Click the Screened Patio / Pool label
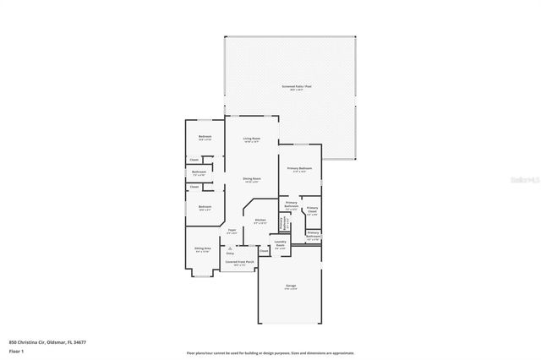pyautogui.click(x=292, y=86)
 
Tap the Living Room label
pyautogui.click(x=251, y=138)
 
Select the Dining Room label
pyautogui.click(x=251, y=178)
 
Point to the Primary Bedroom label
pyautogui.click(x=299, y=168)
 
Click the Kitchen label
pyautogui.click(x=260, y=220)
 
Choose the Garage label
pyautogui.click(x=292, y=286)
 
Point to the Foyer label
pyautogui.click(x=232, y=229)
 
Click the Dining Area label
pyautogui.click(x=203, y=248)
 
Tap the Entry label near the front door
pyautogui.click(x=230, y=252)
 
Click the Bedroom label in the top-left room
pyautogui.click(x=205, y=136)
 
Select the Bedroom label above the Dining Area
pyautogui.click(x=205, y=207)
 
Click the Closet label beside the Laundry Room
pyautogui.click(x=263, y=250)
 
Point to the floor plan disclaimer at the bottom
pyautogui.click(x=270, y=352)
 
